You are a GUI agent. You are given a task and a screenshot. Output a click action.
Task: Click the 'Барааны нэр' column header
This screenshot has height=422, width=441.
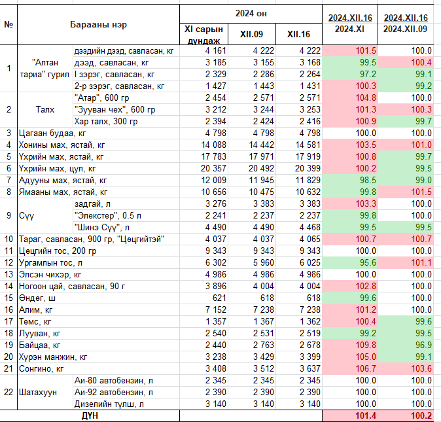pyautogui.click(x=98, y=25)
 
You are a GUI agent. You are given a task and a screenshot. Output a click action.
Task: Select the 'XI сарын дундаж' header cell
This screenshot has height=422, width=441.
pyautogui.click(x=203, y=35)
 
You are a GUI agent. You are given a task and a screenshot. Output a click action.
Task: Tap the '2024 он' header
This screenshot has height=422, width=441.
pyautogui.click(x=251, y=14)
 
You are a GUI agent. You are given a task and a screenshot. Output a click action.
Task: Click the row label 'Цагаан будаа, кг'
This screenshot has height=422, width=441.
pyautogui.click(x=52, y=133)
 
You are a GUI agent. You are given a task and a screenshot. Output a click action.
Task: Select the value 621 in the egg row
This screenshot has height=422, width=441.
pyautogui.click(x=219, y=298)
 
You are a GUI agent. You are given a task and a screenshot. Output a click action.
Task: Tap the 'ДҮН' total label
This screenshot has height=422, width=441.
pyautogui.click(x=90, y=416)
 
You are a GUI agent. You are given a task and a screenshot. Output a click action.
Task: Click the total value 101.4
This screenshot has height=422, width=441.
pyautogui.click(x=366, y=416)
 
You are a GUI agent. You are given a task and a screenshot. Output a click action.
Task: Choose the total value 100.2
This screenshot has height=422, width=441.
pyautogui.click(x=421, y=416)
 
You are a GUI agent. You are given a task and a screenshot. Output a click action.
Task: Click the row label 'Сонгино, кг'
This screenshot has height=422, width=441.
pyautogui.click(x=41, y=368)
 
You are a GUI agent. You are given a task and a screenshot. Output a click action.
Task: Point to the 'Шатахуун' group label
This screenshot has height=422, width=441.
pyautogui.click(x=38, y=392)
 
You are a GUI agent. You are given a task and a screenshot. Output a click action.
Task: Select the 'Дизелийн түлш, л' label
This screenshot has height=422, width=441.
pyautogui.click(x=109, y=404)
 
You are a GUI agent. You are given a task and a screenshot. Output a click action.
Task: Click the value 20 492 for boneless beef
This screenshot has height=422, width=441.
pyautogui.click(x=261, y=168)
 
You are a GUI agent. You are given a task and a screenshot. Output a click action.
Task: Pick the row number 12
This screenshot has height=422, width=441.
pyautogui.click(x=9, y=262)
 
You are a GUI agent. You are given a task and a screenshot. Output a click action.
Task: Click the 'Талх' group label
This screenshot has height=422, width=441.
pyautogui.click(x=45, y=109)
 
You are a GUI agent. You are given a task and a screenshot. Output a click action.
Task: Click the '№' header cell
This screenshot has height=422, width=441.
pyautogui.click(x=9, y=24)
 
